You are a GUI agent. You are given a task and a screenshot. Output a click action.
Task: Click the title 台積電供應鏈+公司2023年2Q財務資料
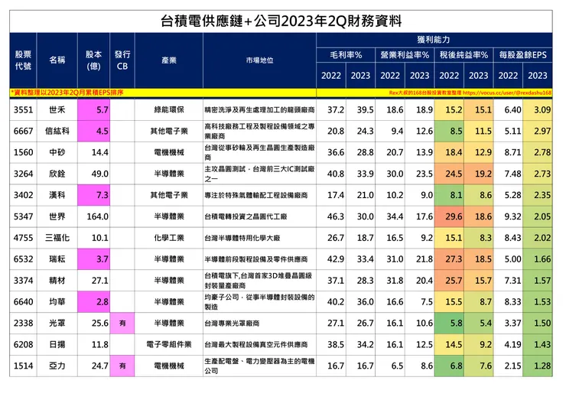pyautogui.click(x=282, y=18)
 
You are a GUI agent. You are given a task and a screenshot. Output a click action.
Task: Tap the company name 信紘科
pyautogui.click(x=58, y=132)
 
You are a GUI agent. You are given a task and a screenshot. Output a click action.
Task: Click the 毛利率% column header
pyautogui.click(x=346, y=56)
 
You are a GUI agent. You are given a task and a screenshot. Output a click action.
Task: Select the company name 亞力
pyautogui.click(x=58, y=366)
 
